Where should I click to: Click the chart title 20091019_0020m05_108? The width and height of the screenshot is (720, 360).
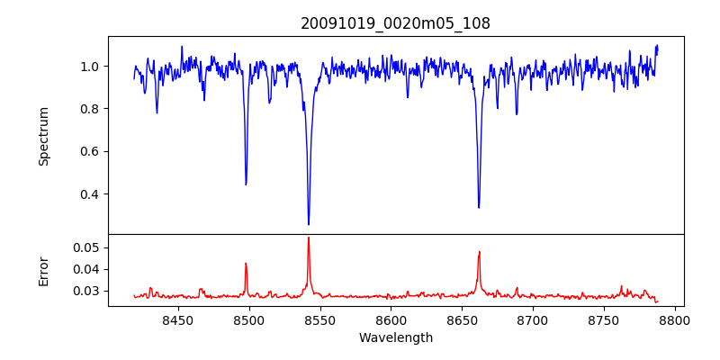[x=395, y=23]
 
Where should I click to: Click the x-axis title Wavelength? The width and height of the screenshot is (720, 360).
[x=395, y=337]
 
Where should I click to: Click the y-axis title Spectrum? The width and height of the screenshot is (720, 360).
[x=43, y=136]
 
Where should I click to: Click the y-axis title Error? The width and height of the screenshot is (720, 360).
[x=43, y=270]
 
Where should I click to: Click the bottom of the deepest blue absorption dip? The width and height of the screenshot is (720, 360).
[x=309, y=225]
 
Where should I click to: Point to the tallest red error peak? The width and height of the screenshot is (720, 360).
[x=309, y=238]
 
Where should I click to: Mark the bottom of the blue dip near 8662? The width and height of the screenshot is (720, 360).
[x=479, y=208]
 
